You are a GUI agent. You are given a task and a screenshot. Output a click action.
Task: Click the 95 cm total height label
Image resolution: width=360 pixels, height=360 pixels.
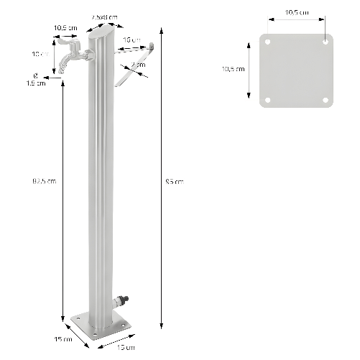[x=175, y=181]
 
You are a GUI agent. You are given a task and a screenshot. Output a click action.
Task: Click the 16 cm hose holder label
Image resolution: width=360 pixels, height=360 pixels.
[x=131, y=40]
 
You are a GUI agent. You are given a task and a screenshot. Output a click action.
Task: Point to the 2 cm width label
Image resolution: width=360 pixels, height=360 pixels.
[x=138, y=65]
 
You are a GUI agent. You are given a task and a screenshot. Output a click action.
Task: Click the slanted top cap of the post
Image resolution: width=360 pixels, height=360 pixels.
[x=101, y=32]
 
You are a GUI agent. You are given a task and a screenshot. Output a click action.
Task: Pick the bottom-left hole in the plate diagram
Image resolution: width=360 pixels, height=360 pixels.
[x=268, y=100]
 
